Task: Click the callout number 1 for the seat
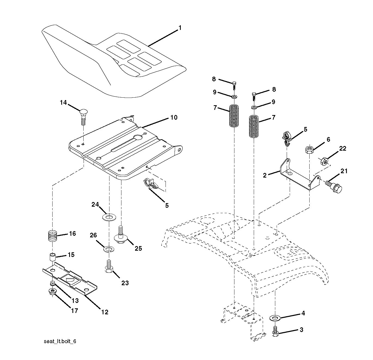[x=180, y=28]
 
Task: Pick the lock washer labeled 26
[x=108, y=249]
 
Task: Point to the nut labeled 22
[x=324, y=161]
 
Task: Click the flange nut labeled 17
[x=52, y=292]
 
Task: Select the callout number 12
[x=105, y=312]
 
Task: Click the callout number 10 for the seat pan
[x=174, y=117]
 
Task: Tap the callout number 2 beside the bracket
[x=265, y=175]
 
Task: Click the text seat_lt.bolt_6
[x=60, y=341]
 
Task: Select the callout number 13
[x=75, y=300]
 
